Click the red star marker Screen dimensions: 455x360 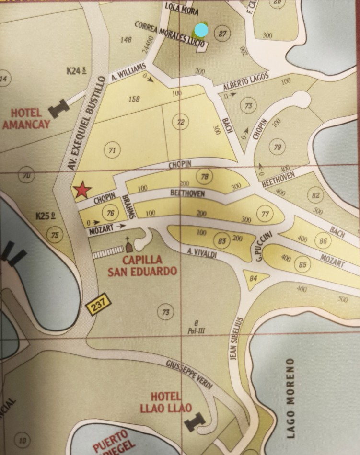pos(82,191)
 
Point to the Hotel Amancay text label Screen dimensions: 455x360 pos(27,119)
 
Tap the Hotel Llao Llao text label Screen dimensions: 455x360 pos(166,402)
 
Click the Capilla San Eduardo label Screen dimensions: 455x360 pos(142,266)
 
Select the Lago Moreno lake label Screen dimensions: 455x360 pos(290,398)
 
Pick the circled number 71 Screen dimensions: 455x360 pos(112,150)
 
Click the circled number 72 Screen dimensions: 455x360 pos(180,123)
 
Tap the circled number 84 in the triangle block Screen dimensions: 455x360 pos(254,278)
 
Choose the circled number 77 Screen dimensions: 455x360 pos(265,214)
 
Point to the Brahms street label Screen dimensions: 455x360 pos(128,207)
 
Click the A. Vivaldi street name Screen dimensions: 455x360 pos(202,253)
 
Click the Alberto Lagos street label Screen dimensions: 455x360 pos(246,82)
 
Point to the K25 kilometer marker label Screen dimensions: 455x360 pos(46,216)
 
